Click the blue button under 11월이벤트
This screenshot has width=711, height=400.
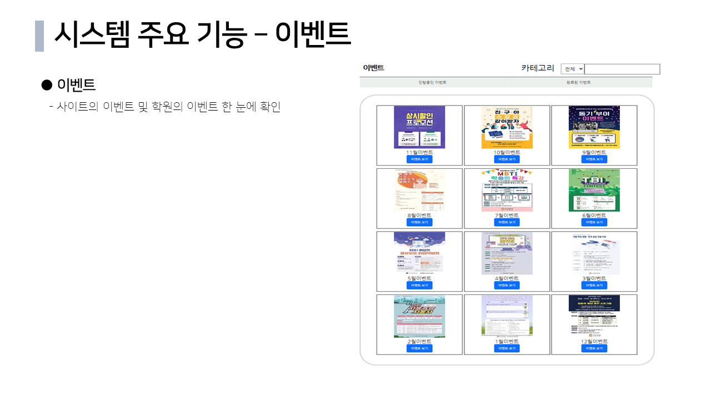(419, 159)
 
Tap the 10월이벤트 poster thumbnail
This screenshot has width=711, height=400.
(507, 127)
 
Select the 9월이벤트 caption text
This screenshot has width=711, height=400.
(594, 152)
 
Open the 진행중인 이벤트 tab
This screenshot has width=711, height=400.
(432, 82)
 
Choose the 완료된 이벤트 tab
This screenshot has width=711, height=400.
(578, 82)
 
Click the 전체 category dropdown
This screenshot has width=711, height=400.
(573, 69)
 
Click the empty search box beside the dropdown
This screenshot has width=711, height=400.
(622, 69)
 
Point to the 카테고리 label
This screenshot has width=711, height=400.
(537, 68)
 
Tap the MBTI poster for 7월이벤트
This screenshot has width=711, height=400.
(507, 190)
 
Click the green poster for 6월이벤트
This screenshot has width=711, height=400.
(594, 190)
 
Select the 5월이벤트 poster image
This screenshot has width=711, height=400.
(419, 253)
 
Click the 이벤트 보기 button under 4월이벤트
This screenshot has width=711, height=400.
(507, 286)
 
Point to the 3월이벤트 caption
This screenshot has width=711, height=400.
(594, 278)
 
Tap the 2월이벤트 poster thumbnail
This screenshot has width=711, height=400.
(419, 316)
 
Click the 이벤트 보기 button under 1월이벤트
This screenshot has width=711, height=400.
(507, 348)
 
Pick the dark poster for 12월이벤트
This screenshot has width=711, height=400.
(594, 316)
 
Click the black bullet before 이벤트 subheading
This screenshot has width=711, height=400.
(47, 85)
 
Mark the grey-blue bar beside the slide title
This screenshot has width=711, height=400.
(39, 36)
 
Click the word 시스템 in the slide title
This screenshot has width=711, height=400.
(92, 34)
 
